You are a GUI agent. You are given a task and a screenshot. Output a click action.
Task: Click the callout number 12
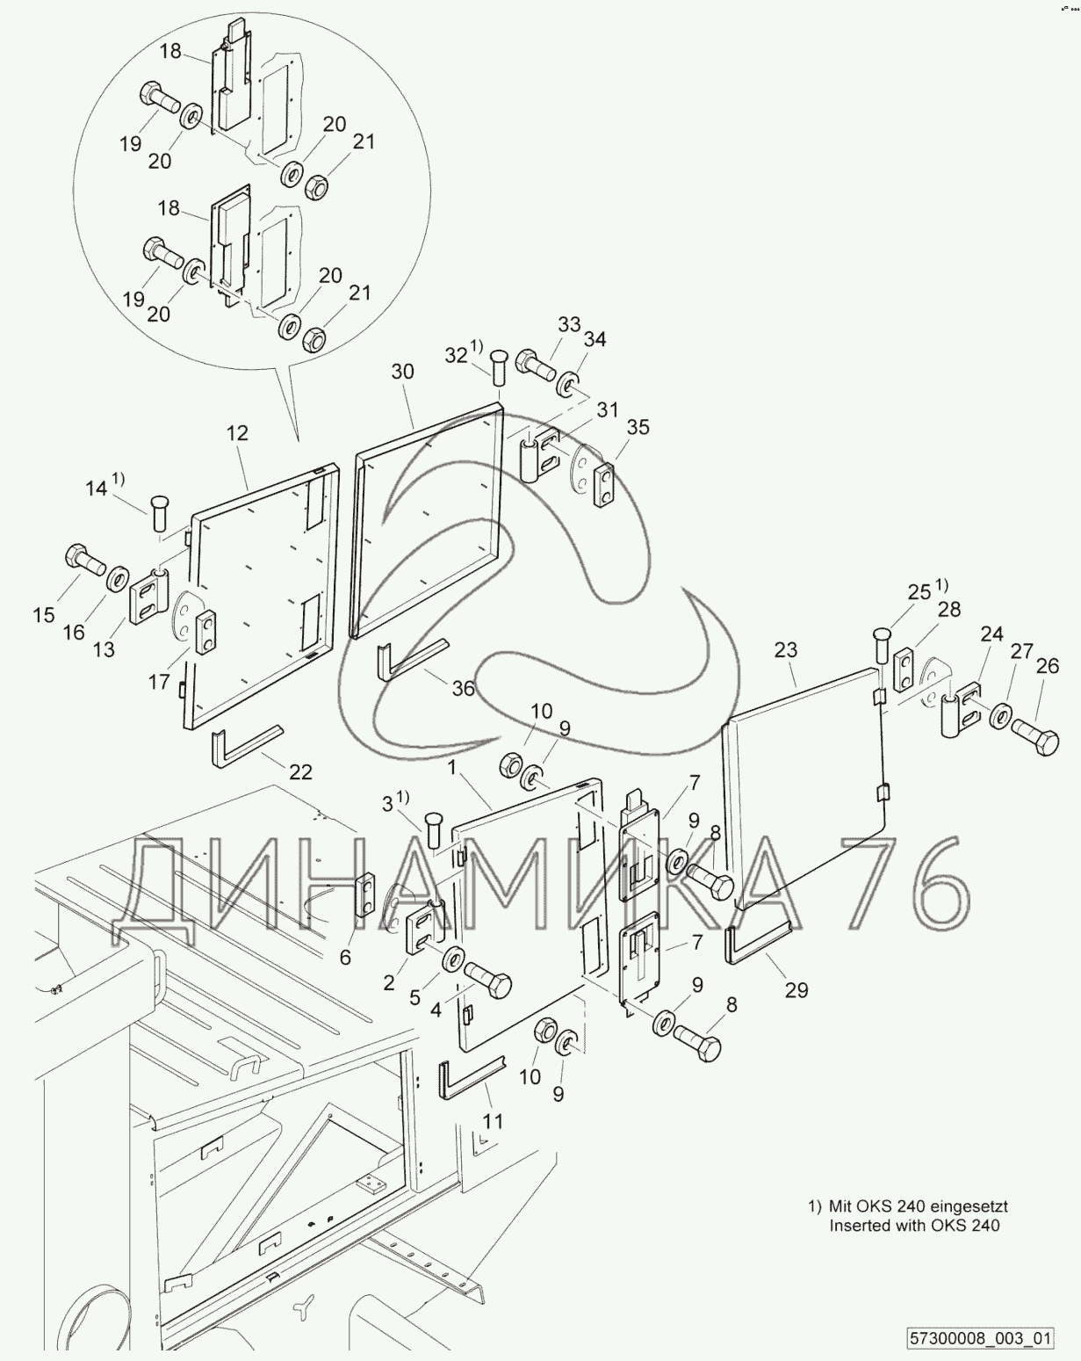237,433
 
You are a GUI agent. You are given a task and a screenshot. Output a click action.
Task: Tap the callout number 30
402,372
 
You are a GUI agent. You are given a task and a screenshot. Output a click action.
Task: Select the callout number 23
786,650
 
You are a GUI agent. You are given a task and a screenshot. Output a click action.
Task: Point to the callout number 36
463,689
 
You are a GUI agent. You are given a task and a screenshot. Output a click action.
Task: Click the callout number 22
300,772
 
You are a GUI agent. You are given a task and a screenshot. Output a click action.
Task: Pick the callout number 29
796,990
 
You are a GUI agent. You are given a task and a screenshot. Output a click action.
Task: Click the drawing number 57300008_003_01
979,1339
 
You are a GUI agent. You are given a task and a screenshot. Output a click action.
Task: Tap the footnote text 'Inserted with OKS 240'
914,1226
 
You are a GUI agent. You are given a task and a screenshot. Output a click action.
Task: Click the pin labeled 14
159,511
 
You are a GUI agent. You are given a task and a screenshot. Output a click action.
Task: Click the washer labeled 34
566,384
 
